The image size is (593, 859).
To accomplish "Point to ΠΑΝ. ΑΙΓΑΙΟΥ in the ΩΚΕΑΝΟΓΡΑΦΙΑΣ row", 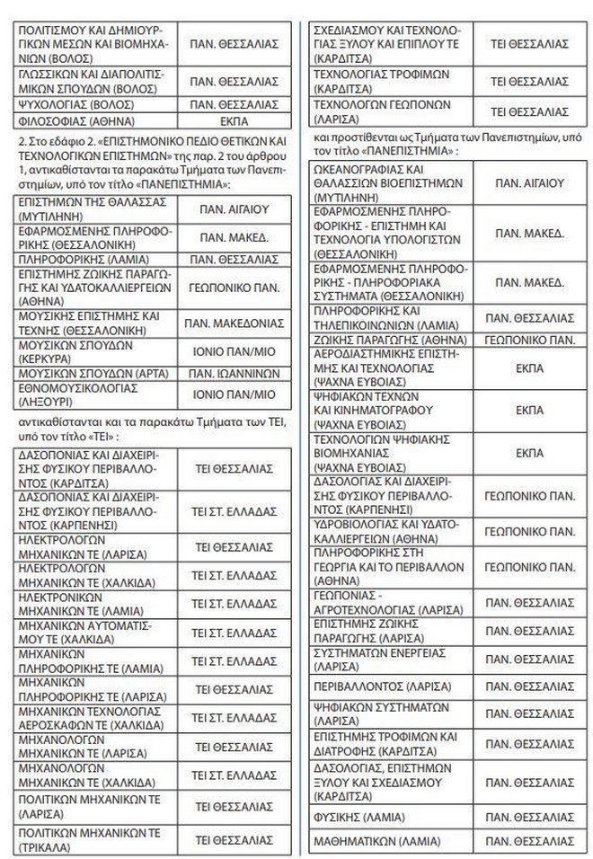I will tap(530, 182).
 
